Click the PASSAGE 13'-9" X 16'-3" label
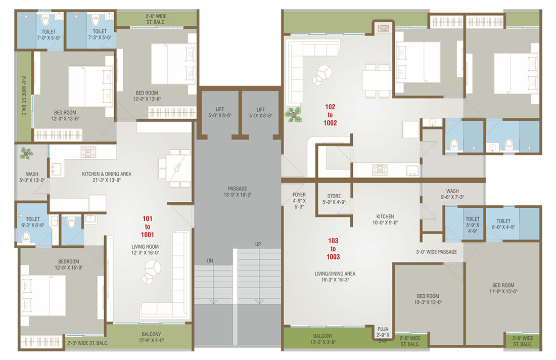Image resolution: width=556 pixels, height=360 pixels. (x=237, y=192)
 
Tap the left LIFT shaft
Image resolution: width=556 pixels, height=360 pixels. (x=220, y=113)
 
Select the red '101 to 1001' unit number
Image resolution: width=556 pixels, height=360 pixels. (x=148, y=227)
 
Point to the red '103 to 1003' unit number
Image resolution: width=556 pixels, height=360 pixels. (x=333, y=249)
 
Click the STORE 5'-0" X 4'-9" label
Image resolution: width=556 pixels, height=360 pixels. (x=334, y=199)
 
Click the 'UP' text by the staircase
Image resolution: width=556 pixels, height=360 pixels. (x=258, y=244)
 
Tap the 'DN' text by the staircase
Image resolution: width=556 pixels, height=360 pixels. (x=210, y=260)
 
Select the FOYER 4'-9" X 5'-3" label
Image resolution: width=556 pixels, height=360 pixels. (x=299, y=200)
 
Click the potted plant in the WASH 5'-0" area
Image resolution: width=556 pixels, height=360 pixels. (x=26, y=153)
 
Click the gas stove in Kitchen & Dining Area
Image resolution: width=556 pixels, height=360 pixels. (x=88, y=152)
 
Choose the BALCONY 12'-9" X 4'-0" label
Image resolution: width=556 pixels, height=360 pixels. (x=151, y=337)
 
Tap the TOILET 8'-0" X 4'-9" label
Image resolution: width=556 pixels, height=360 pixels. (x=503, y=224)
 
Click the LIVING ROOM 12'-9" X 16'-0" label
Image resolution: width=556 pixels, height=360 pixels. (x=145, y=250)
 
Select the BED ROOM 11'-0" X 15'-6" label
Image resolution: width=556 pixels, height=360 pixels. (x=503, y=288)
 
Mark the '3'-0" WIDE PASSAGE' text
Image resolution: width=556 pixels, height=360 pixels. (x=436, y=252)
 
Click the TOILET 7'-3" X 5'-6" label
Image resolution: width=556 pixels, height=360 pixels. (x=100, y=34)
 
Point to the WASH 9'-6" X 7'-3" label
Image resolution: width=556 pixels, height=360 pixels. (x=452, y=194)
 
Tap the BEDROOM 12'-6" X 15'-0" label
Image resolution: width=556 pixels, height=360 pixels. (x=68, y=264)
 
